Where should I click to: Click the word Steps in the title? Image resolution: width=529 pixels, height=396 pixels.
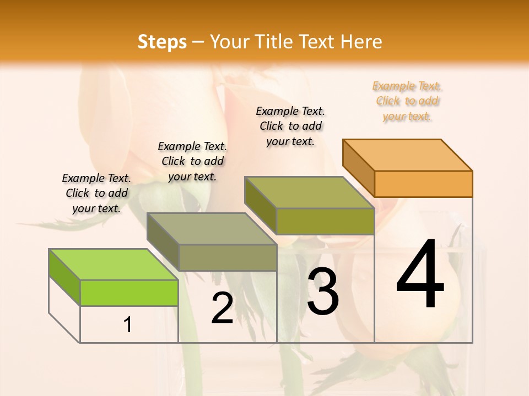pyautogui.click(x=162, y=42)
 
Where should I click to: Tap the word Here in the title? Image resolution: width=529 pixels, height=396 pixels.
pyautogui.click(x=361, y=42)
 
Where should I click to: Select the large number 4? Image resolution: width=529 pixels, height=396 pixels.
pyautogui.click(x=420, y=275)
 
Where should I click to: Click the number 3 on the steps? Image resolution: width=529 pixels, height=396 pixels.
pyautogui.click(x=322, y=291)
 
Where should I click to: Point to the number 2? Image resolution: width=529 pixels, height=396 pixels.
pyautogui.click(x=222, y=308)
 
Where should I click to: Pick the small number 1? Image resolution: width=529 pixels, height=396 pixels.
pyautogui.click(x=128, y=325)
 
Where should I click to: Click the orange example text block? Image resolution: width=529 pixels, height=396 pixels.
pyautogui.click(x=407, y=101)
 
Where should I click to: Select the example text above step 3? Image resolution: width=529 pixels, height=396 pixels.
pyautogui.click(x=290, y=126)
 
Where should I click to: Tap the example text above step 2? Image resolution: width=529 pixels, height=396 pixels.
pyautogui.click(x=192, y=161)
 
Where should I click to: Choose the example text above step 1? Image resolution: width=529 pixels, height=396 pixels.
pyautogui.click(x=96, y=193)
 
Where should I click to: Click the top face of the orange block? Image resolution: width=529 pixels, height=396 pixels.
pyautogui.click(x=408, y=155)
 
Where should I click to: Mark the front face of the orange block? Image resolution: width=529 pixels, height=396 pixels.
pyautogui.click(x=423, y=184)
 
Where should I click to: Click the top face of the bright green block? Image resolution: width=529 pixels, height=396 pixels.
pyautogui.click(x=113, y=265)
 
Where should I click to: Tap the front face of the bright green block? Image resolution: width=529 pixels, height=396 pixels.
pyautogui.click(x=129, y=293)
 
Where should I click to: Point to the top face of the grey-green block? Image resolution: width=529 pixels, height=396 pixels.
pyautogui.click(x=211, y=229)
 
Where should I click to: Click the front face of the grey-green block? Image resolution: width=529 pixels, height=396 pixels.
pyautogui.click(x=228, y=257)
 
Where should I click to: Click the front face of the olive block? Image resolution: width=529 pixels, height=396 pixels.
pyautogui.click(x=325, y=221)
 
